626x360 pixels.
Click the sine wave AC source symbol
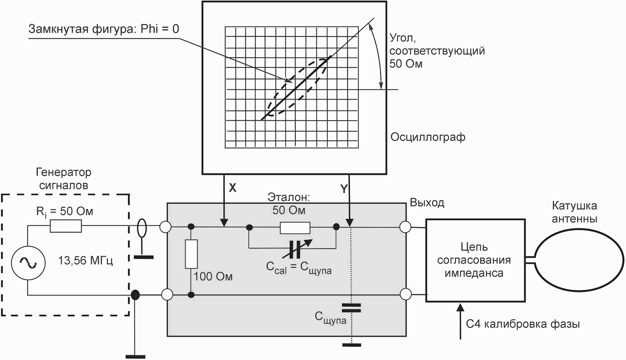(x=28, y=263)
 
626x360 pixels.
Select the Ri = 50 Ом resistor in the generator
(x=66, y=226)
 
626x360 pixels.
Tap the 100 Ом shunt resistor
(x=191, y=254)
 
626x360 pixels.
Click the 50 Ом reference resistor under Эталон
(x=295, y=228)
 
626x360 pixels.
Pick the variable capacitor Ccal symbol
(x=295, y=249)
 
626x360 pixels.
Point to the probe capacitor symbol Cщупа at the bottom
(x=351, y=308)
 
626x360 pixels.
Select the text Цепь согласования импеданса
(x=474, y=260)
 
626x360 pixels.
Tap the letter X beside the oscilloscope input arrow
(x=232, y=188)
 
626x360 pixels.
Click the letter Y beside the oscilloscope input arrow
(x=344, y=189)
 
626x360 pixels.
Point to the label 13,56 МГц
(x=85, y=261)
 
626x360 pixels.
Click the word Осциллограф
(x=428, y=137)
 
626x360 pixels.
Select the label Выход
(x=427, y=203)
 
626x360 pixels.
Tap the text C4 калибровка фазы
(x=523, y=324)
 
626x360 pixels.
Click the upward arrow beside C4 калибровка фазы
(x=460, y=321)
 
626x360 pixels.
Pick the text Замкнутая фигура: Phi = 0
(x=104, y=29)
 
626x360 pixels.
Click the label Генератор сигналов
(x=64, y=178)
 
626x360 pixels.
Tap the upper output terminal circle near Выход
(x=405, y=227)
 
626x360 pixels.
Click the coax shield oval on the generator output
(x=142, y=228)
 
